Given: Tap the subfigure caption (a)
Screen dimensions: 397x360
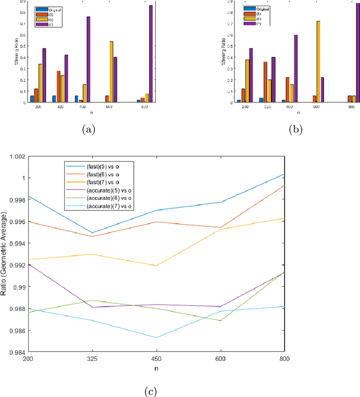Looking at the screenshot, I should click(x=88, y=130).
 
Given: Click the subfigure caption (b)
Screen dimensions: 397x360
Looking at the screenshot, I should click(x=295, y=130).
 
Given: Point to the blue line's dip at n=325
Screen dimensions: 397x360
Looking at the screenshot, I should click(x=92, y=233).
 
